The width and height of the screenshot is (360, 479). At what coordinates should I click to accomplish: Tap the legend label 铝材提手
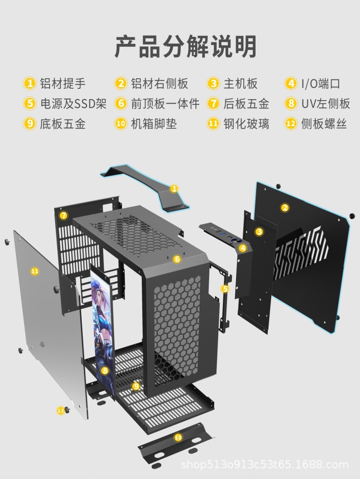click(x=62, y=84)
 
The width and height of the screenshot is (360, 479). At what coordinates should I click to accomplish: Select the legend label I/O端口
click(x=320, y=84)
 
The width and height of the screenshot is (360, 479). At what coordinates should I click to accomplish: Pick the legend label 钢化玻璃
click(x=246, y=123)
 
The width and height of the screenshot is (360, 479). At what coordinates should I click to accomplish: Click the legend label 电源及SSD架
click(x=73, y=104)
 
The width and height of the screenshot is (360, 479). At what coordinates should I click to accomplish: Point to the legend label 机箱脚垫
click(x=154, y=123)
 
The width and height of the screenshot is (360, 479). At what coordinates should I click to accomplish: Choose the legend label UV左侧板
click(x=325, y=104)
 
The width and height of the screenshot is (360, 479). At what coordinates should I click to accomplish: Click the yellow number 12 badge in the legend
click(x=290, y=123)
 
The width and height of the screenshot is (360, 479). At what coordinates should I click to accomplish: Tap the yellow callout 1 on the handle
click(x=174, y=189)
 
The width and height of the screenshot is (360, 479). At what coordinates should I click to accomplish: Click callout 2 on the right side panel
click(x=285, y=208)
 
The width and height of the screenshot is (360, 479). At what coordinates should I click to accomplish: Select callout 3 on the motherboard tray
click(x=259, y=232)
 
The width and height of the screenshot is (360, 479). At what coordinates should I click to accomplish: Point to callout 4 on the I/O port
click(x=243, y=248)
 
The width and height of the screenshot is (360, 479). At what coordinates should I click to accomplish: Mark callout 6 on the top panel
click(x=177, y=259)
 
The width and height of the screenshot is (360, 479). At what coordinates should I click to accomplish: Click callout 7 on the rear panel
click(x=64, y=215)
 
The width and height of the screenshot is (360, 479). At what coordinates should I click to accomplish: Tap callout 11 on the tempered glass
click(x=35, y=271)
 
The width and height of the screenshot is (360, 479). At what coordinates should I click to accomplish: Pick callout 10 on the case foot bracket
click(x=178, y=437)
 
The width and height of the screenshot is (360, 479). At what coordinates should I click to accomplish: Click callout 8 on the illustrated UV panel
click(x=105, y=370)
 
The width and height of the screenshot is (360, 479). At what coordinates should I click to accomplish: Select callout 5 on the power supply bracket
click(x=225, y=288)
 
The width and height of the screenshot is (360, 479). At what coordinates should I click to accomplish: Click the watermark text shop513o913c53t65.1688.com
click(x=264, y=465)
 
